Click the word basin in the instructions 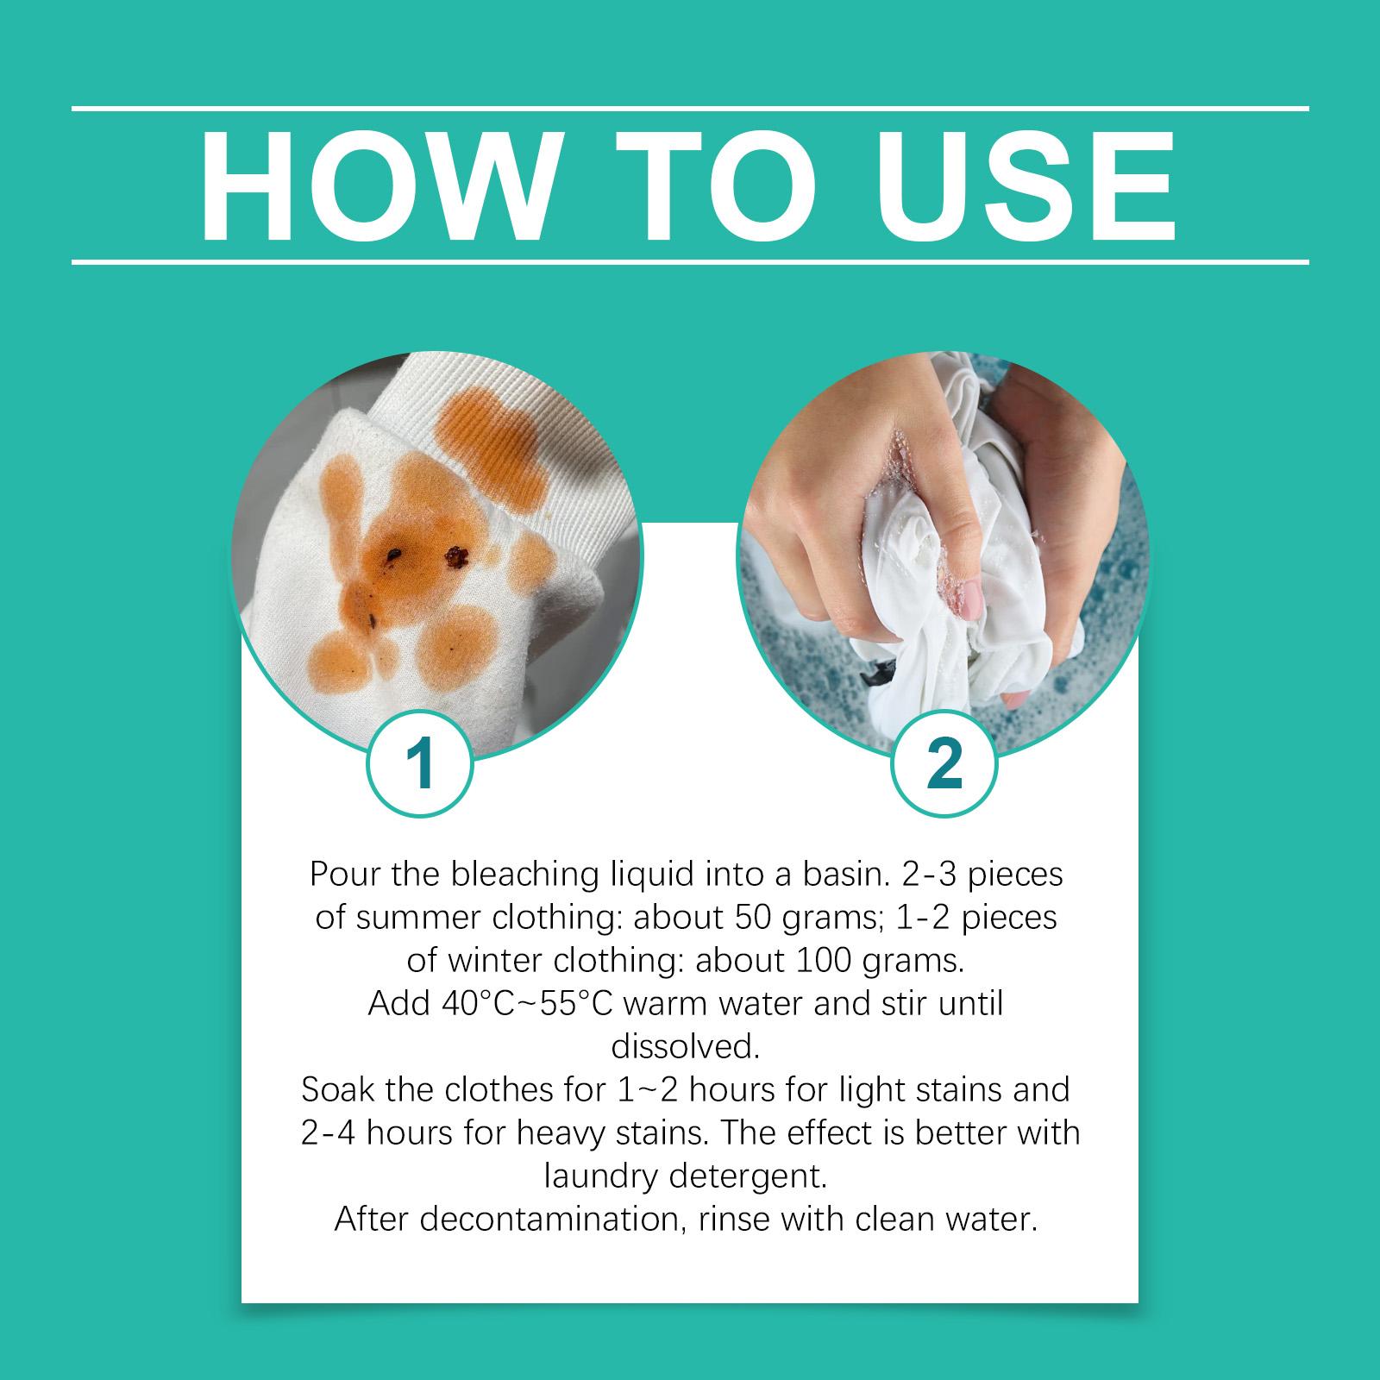coord(823,875)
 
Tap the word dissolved coord(686,1047)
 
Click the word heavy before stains coord(574,1134)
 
